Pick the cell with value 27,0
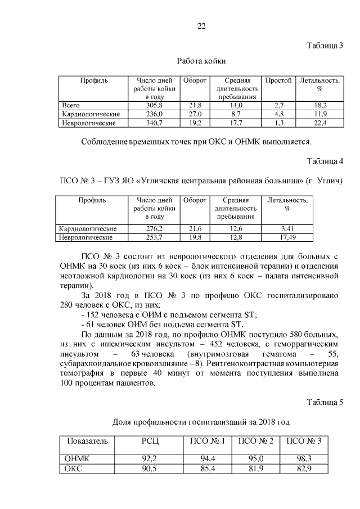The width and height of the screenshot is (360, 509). tap(195, 114)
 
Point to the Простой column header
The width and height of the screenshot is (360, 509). tap(278, 80)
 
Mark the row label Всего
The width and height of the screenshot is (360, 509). tap(71, 105)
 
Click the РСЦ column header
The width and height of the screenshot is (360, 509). tap(150, 440)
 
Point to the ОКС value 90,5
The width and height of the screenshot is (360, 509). tap(150, 469)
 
